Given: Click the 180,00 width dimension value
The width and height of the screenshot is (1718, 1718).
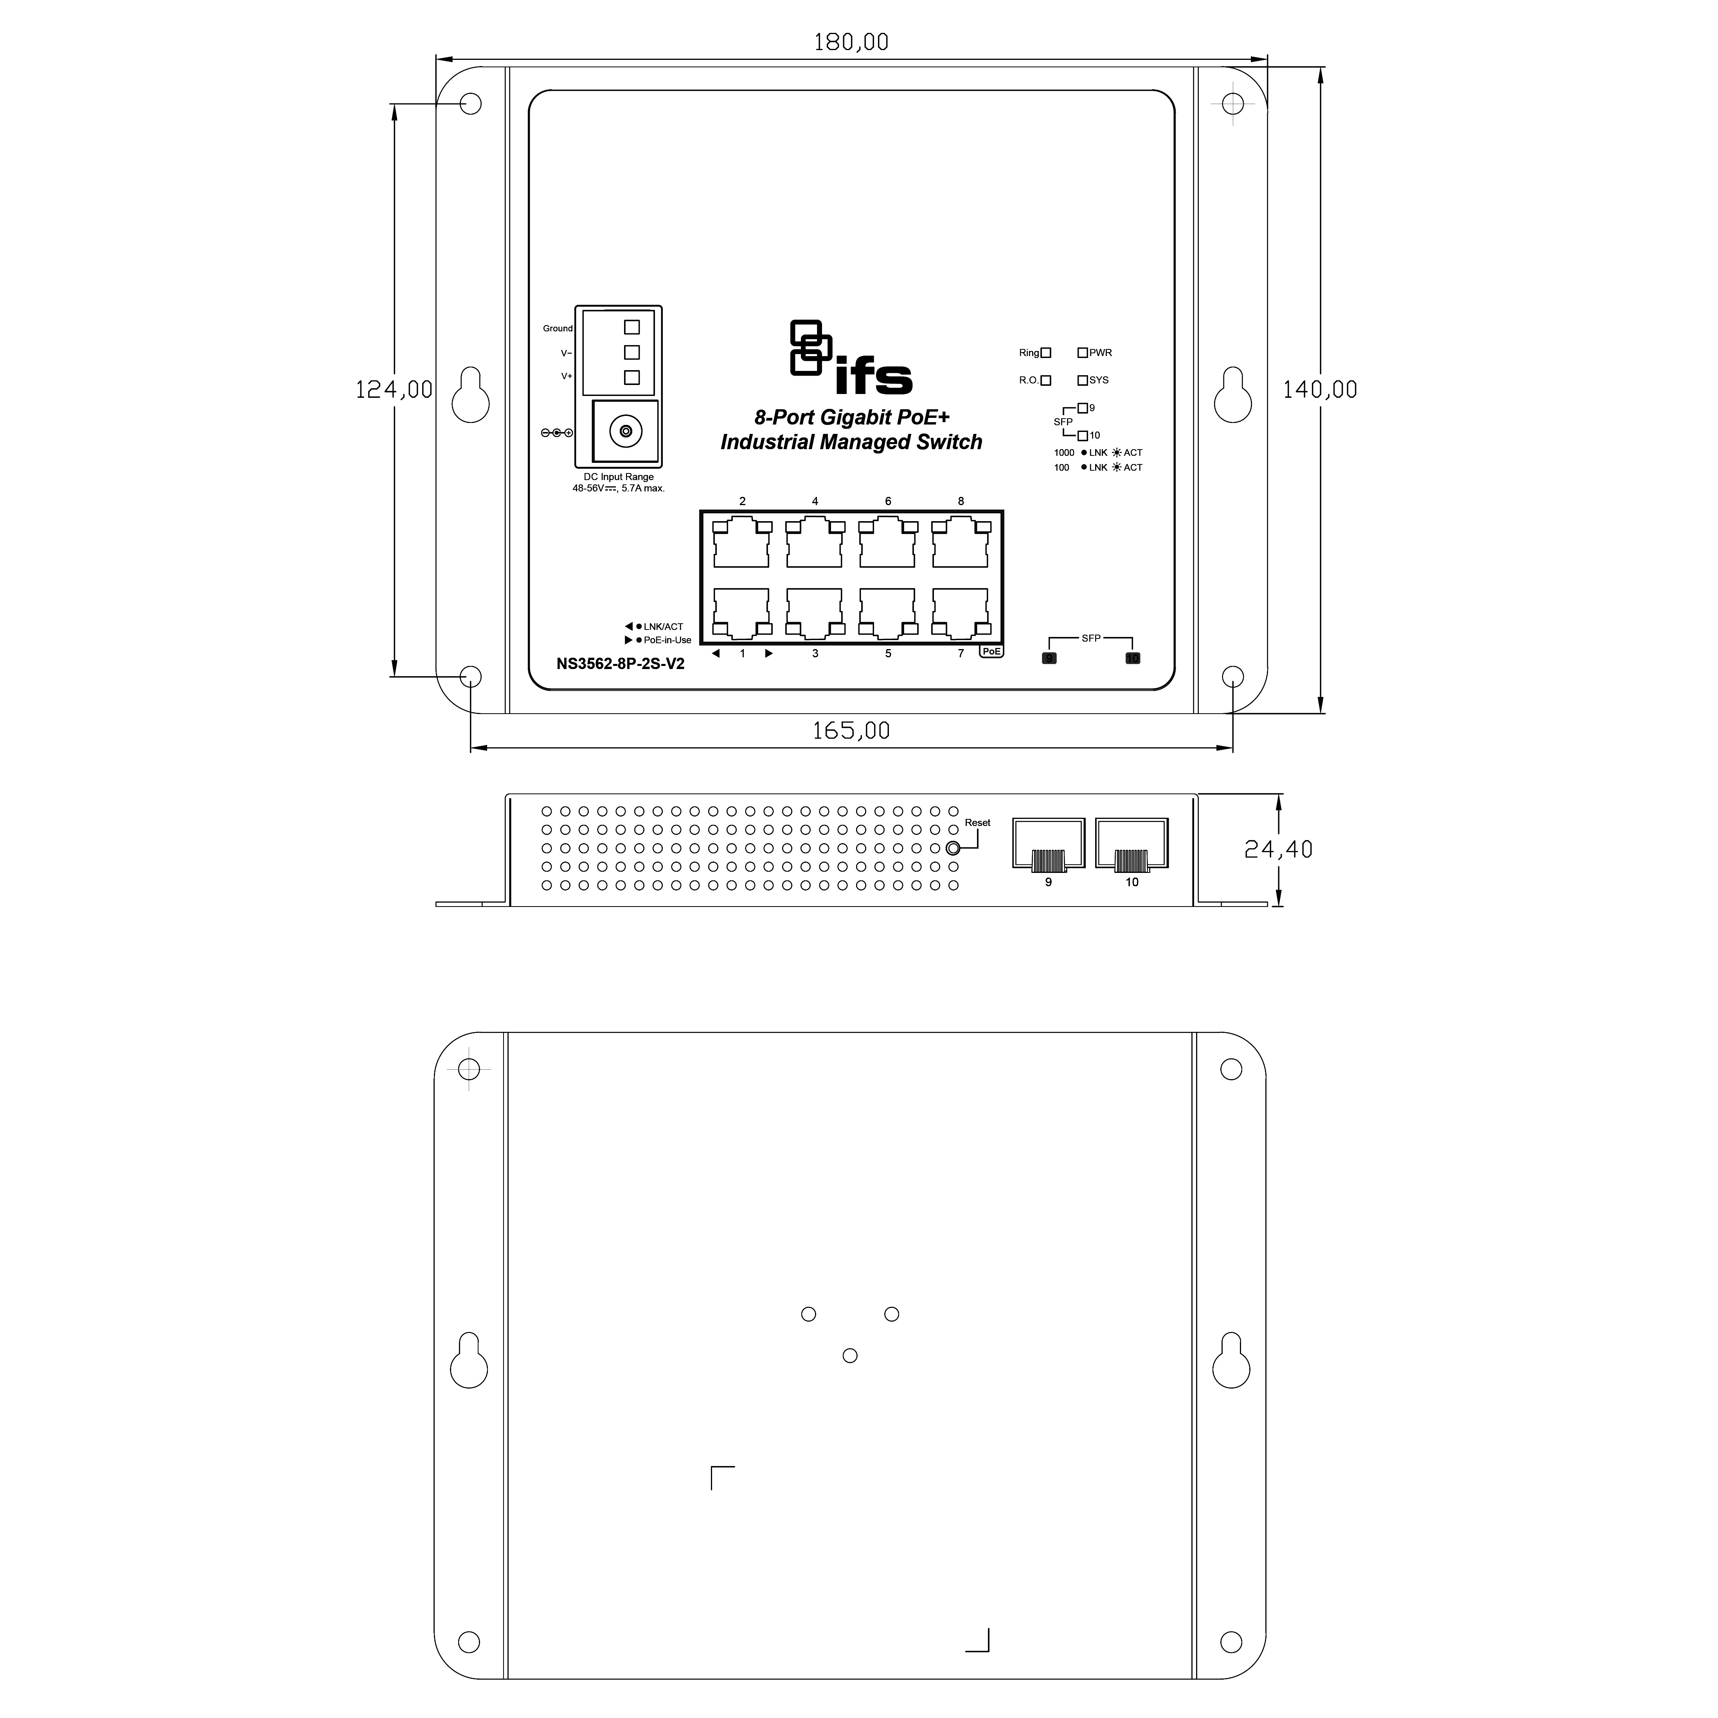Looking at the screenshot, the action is (x=851, y=42).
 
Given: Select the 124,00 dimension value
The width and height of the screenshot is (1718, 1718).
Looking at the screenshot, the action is (x=394, y=389).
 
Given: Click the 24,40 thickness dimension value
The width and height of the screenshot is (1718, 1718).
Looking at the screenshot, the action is (x=1278, y=849).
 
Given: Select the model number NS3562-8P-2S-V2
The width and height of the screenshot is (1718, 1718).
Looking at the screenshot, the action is (x=621, y=663).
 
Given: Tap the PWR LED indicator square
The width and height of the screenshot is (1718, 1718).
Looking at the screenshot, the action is (x=1082, y=353).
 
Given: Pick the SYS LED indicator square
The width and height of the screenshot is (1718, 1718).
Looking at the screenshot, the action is (x=1082, y=381).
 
